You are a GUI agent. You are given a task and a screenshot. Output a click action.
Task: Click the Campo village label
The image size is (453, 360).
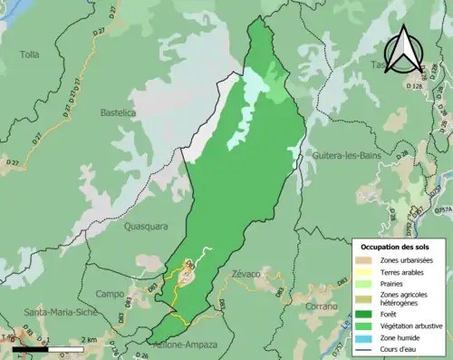(110, 294)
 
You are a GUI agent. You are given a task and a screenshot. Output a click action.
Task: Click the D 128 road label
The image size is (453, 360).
(416, 85)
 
